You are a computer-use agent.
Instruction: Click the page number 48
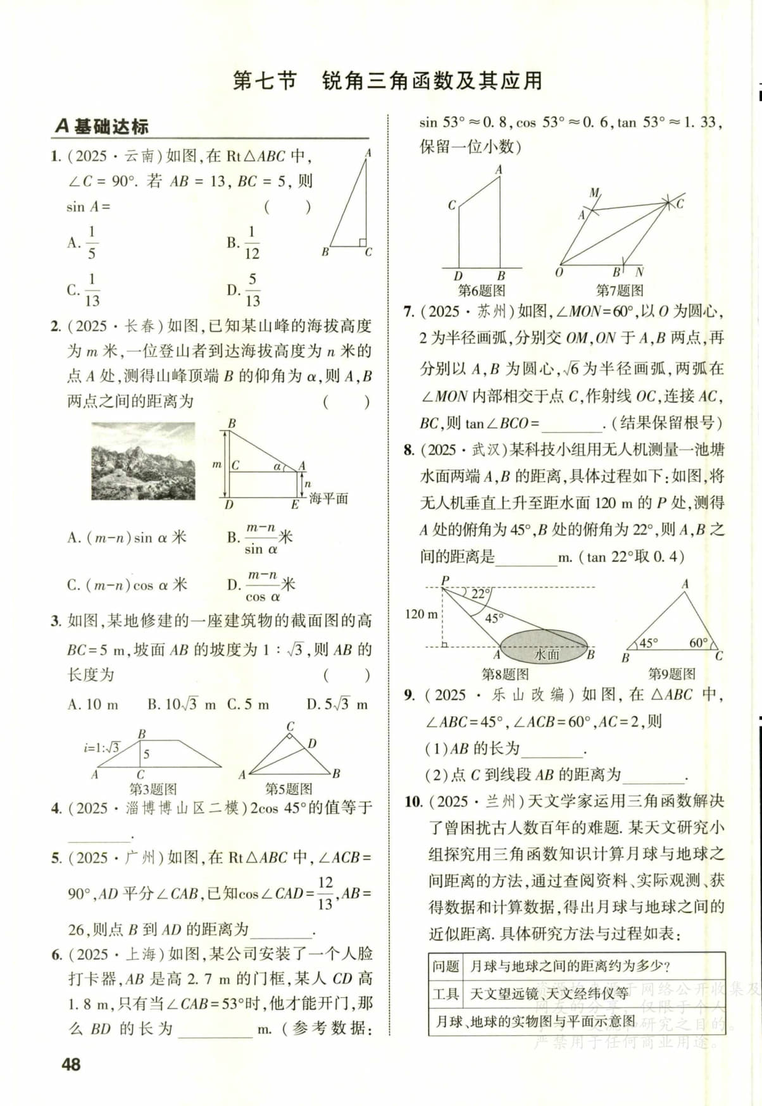click(x=71, y=1064)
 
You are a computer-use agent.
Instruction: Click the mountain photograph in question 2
click(x=144, y=461)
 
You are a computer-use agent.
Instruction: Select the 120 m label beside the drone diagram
click(x=421, y=614)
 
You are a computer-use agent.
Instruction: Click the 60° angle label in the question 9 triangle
click(x=698, y=643)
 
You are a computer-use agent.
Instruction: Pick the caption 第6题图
click(x=482, y=290)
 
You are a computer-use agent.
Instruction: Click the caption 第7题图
click(x=620, y=290)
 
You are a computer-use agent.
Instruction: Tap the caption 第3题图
click(x=153, y=789)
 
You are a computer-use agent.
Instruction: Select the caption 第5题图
click(x=289, y=789)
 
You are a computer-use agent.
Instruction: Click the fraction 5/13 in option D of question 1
click(x=252, y=290)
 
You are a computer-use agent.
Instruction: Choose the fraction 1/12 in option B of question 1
click(x=251, y=243)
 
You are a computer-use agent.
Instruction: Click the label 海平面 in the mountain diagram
click(x=328, y=498)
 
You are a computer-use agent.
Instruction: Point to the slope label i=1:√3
click(x=101, y=747)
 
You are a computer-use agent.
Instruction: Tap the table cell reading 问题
click(x=446, y=966)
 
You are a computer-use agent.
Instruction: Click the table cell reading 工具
click(x=446, y=993)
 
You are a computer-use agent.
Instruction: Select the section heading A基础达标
click(x=101, y=127)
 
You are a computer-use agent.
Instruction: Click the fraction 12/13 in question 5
click(x=325, y=893)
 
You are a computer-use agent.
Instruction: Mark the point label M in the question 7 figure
click(x=594, y=192)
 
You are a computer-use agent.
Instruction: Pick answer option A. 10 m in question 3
click(x=92, y=704)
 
